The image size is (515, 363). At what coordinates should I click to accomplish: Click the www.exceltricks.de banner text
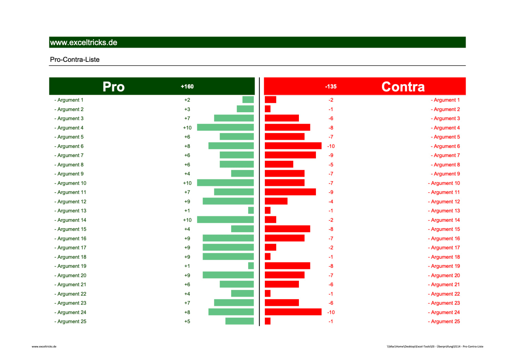pos(84,42)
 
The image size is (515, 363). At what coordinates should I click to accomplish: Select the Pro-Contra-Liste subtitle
pos(75,59)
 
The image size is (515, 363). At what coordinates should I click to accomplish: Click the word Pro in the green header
pos(113,86)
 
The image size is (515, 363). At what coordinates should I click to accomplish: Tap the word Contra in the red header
pos(403,86)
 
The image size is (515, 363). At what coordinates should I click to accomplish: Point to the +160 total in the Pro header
pos(187,86)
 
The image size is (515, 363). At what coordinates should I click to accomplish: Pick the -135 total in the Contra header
pos(331,86)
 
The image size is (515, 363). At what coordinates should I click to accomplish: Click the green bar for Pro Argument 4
pos(225,127)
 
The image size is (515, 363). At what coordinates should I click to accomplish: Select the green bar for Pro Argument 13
pos(251,211)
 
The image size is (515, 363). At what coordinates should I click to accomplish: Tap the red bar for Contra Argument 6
pos(293,146)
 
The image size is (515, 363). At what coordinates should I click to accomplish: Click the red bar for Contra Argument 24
pos(293,312)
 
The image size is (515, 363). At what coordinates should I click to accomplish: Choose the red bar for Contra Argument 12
pos(276,201)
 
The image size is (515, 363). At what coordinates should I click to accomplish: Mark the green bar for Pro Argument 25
pos(239,321)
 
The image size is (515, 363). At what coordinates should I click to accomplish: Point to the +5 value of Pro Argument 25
pos(187,321)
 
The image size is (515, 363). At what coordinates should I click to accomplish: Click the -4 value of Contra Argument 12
pos(331,201)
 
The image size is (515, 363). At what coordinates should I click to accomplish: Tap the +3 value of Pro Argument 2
pos(187,109)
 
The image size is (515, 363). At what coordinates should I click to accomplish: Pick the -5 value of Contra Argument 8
pos(331,165)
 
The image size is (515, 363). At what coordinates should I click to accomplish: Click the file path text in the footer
pos(435,346)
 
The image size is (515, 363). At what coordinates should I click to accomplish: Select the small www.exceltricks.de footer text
pos(44,346)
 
